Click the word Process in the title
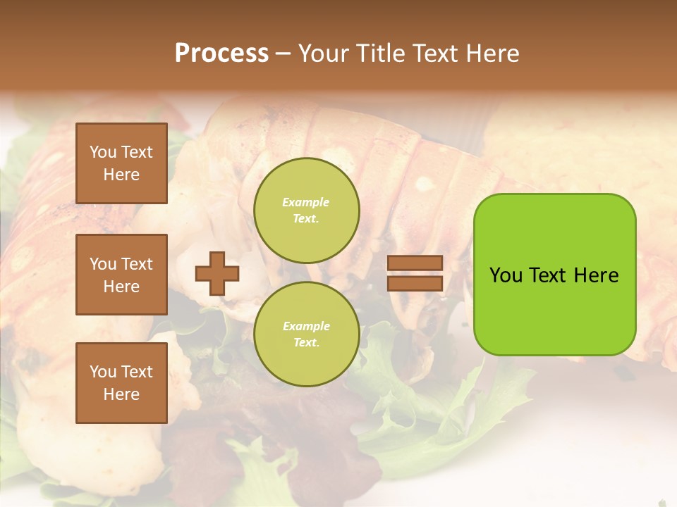221,54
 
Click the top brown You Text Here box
121,163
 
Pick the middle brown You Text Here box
121,275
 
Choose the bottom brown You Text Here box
121,383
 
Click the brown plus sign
217,273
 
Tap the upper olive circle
307,211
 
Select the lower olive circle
307,334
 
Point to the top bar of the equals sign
415,263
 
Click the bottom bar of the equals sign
415,284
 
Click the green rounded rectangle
554,275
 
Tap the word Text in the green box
547,275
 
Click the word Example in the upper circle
306,202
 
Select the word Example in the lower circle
306,326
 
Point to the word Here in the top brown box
121,175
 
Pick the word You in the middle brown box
103,264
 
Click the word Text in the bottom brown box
137,372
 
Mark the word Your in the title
325,54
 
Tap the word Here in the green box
596,275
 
